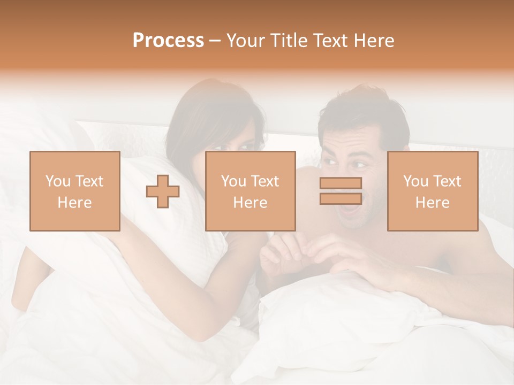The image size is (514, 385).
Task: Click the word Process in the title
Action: tap(168, 41)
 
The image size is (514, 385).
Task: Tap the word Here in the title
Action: tap(375, 41)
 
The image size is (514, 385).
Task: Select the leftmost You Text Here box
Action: tap(75, 191)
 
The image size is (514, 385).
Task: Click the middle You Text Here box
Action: tap(251, 191)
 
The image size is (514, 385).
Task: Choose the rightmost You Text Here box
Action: tap(433, 191)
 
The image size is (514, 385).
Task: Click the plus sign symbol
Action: tap(163, 191)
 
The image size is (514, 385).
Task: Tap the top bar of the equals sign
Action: tap(341, 183)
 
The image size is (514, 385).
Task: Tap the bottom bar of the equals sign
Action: tap(341, 198)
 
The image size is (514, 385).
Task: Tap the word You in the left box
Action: tap(56, 181)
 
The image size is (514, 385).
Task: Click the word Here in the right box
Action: tap(433, 202)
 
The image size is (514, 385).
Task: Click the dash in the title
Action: tap(215, 41)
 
